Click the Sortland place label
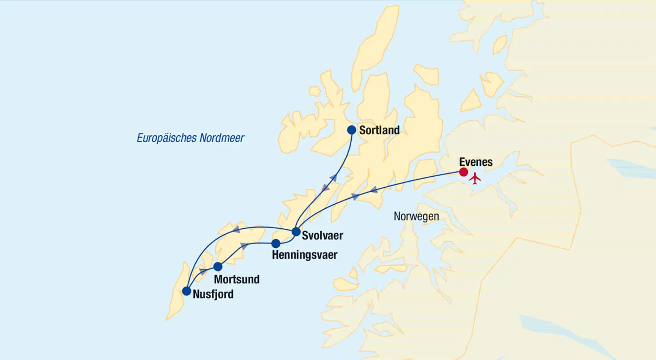(379, 130)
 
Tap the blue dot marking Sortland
(351, 130)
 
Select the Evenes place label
(476, 162)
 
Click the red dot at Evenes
(463, 172)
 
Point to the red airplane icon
(475, 178)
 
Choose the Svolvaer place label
(322, 236)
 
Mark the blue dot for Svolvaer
(296, 231)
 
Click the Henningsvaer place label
(304, 255)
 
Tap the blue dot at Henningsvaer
(276, 243)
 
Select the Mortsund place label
(236, 279)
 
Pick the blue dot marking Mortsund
(218, 267)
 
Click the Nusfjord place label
(213, 294)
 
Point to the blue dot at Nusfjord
(186, 291)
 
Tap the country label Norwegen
(416, 216)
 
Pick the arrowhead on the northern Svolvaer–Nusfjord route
(236, 229)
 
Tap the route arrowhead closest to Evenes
(374, 190)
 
